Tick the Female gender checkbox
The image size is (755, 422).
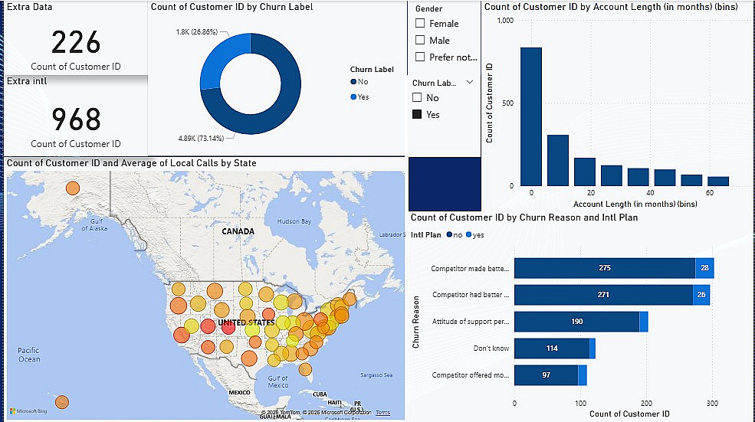[x=419, y=24]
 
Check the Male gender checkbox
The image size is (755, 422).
[x=419, y=41]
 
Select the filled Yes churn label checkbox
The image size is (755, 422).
[x=417, y=114]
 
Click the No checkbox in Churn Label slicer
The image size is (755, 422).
[x=417, y=98]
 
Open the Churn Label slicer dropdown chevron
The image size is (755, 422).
[x=470, y=83]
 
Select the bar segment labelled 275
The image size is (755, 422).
[x=604, y=268]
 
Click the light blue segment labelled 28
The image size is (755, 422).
[x=704, y=268]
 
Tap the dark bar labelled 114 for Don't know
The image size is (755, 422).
[x=551, y=348]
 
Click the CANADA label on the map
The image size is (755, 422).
[x=238, y=231]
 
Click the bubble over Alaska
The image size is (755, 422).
[x=72, y=188]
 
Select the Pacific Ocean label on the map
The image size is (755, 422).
[x=29, y=355]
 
